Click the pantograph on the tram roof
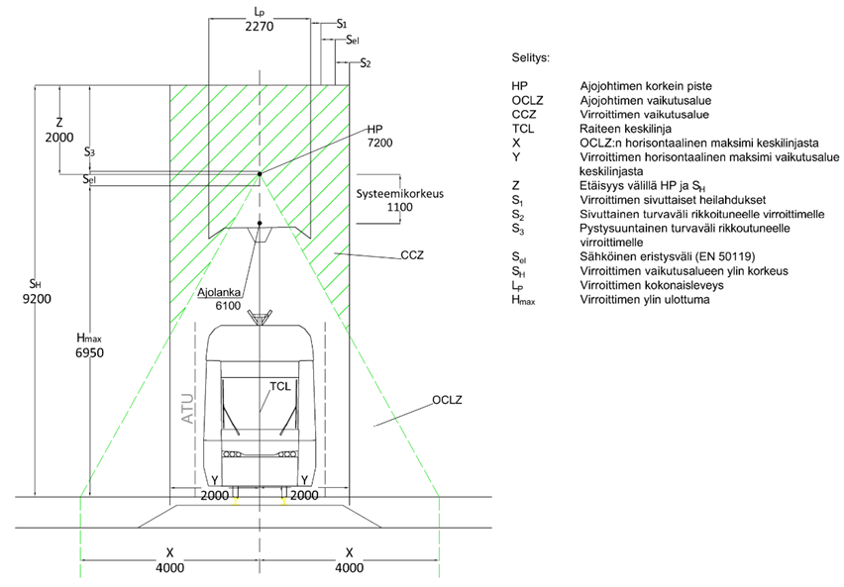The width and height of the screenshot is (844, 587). click(260, 317)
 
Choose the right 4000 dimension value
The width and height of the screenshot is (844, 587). click(348, 570)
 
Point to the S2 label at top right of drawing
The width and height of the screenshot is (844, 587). click(366, 63)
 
